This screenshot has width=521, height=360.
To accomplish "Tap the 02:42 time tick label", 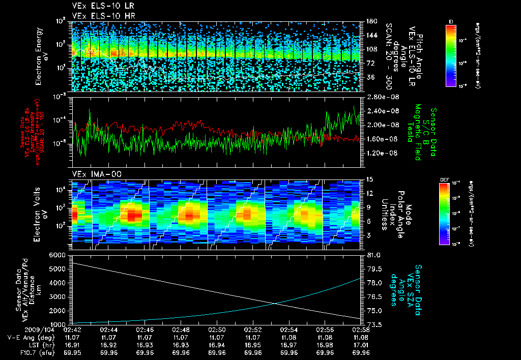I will point(73,330).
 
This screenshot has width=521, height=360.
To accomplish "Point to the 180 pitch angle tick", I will point(371,21).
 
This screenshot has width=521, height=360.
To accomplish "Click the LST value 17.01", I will point(361,345).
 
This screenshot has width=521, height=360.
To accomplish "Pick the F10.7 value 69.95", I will point(73,352).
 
